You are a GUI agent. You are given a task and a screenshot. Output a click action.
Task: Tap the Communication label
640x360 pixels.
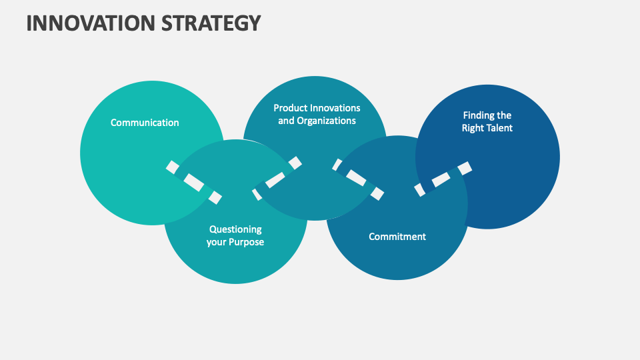145,123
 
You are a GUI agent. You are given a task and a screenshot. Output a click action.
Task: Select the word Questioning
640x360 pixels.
235,229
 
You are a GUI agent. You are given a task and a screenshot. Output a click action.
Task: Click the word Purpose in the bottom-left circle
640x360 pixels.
247,242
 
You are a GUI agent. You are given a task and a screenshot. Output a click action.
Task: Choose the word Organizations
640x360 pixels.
327,121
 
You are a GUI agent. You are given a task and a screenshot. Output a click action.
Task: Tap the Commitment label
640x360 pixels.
397,237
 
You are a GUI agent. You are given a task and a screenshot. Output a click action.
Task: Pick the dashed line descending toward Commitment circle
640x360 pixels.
358,179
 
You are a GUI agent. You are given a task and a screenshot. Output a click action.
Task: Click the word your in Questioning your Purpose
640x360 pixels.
217,242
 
